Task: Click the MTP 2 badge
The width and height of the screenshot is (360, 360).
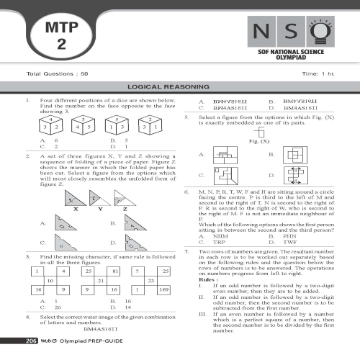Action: coord(60,35)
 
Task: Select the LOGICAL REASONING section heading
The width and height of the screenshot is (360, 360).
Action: coord(179,84)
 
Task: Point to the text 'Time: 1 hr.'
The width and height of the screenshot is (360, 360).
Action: coord(320,73)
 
